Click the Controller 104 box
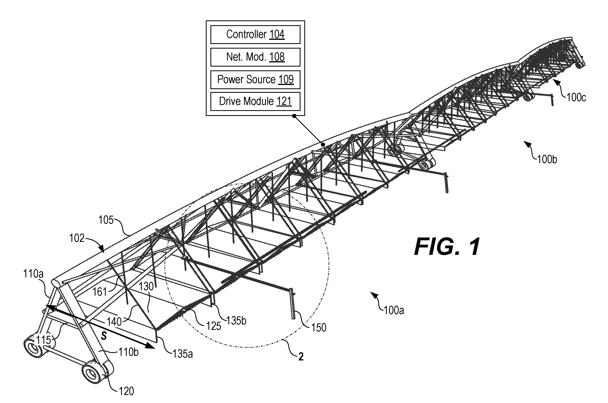[x=255, y=34]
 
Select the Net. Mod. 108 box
[x=255, y=57]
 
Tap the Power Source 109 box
[x=255, y=79]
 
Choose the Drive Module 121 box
[x=255, y=101]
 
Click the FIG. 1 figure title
[x=447, y=246]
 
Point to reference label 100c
[x=576, y=98]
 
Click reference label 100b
[x=547, y=159]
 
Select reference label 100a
[x=394, y=310]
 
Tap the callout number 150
[x=319, y=327]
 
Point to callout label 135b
[x=236, y=321]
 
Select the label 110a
[x=33, y=274]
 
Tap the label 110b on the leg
[x=128, y=352]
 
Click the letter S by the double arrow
[x=104, y=336]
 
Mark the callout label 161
[x=100, y=292]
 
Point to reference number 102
[x=77, y=238]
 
